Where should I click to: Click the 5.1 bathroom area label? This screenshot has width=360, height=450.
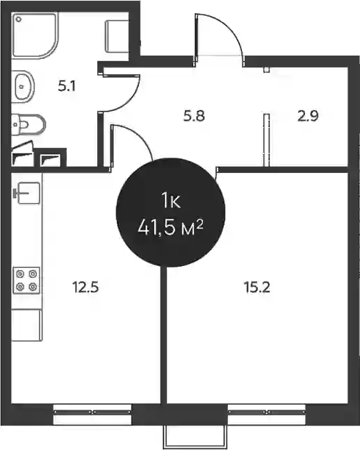(67, 86)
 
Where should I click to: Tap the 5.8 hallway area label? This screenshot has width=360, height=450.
(194, 116)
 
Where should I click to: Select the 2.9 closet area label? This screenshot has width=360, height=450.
(308, 116)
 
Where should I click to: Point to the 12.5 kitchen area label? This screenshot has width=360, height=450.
(85, 287)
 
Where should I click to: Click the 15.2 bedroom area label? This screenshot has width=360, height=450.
(257, 287)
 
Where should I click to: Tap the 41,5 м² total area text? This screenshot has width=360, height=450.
(171, 228)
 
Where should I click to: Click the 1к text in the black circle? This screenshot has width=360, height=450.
(171, 200)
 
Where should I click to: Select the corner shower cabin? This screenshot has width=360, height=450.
(35, 35)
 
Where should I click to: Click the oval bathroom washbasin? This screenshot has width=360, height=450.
(24, 87)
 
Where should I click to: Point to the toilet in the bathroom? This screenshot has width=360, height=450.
(28, 124)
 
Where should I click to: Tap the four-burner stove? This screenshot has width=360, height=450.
(26, 281)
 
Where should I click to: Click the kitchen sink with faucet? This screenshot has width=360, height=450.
(27, 193)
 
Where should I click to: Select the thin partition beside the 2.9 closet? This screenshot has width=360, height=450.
(267, 140)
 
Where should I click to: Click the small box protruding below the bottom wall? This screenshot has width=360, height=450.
(195, 437)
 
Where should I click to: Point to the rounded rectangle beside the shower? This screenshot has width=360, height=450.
(117, 36)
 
